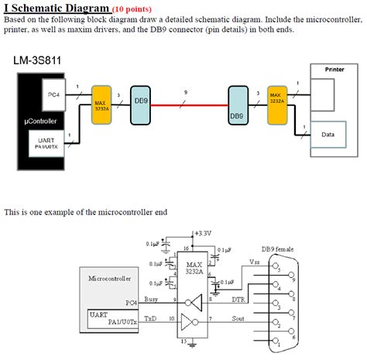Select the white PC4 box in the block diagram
pyautogui.click(x=53, y=94)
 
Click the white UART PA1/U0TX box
pyautogui.click(x=45, y=142)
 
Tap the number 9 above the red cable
pyautogui.click(x=184, y=93)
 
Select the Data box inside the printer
pyautogui.click(x=328, y=134)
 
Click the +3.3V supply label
pyautogui.click(x=202, y=232)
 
